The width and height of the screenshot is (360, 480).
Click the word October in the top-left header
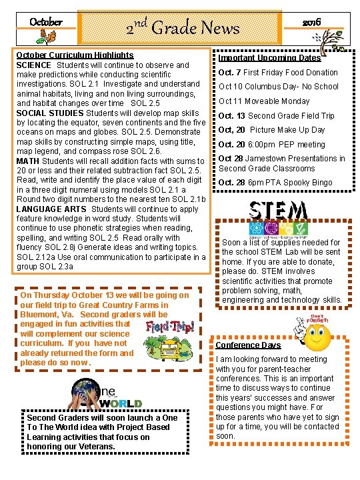46,22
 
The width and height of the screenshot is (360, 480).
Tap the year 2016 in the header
311,22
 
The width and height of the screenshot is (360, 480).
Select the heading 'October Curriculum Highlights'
74,55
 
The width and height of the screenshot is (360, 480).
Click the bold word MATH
27,161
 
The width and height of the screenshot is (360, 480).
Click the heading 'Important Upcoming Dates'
269,58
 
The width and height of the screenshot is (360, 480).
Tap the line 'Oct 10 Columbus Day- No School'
278,87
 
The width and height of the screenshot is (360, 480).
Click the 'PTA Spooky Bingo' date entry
275,183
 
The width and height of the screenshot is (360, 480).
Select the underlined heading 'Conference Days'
248,345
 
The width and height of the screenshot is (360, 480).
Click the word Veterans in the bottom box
97,446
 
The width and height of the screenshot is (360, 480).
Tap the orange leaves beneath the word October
50,38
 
